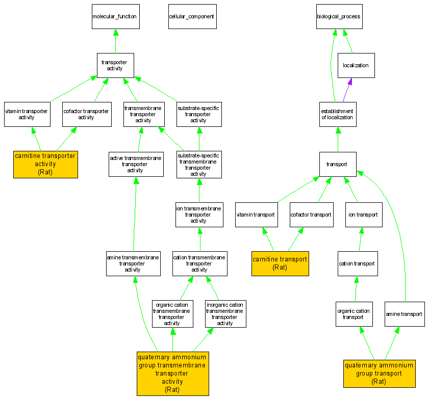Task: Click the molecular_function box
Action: [x=115, y=17]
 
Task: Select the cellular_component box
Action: [x=192, y=17]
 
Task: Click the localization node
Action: [x=356, y=66]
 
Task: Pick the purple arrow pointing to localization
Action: [x=346, y=90]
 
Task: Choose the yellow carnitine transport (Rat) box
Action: [x=280, y=263]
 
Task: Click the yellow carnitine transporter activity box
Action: [x=45, y=164]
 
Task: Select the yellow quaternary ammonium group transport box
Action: [x=379, y=373]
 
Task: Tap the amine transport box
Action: [x=404, y=314]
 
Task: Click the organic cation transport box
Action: [x=353, y=314]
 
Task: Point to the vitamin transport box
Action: [x=256, y=215]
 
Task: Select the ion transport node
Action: [x=363, y=215]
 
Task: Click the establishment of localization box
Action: [x=337, y=114]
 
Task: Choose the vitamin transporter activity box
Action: [x=27, y=114]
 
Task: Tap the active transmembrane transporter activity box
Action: [x=136, y=164]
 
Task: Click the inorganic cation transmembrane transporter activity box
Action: [x=225, y=314]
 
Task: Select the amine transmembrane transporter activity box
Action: [x=133, y=263]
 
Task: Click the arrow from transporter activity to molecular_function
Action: [x=115, y=41]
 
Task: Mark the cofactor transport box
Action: [x=311, y=215]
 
